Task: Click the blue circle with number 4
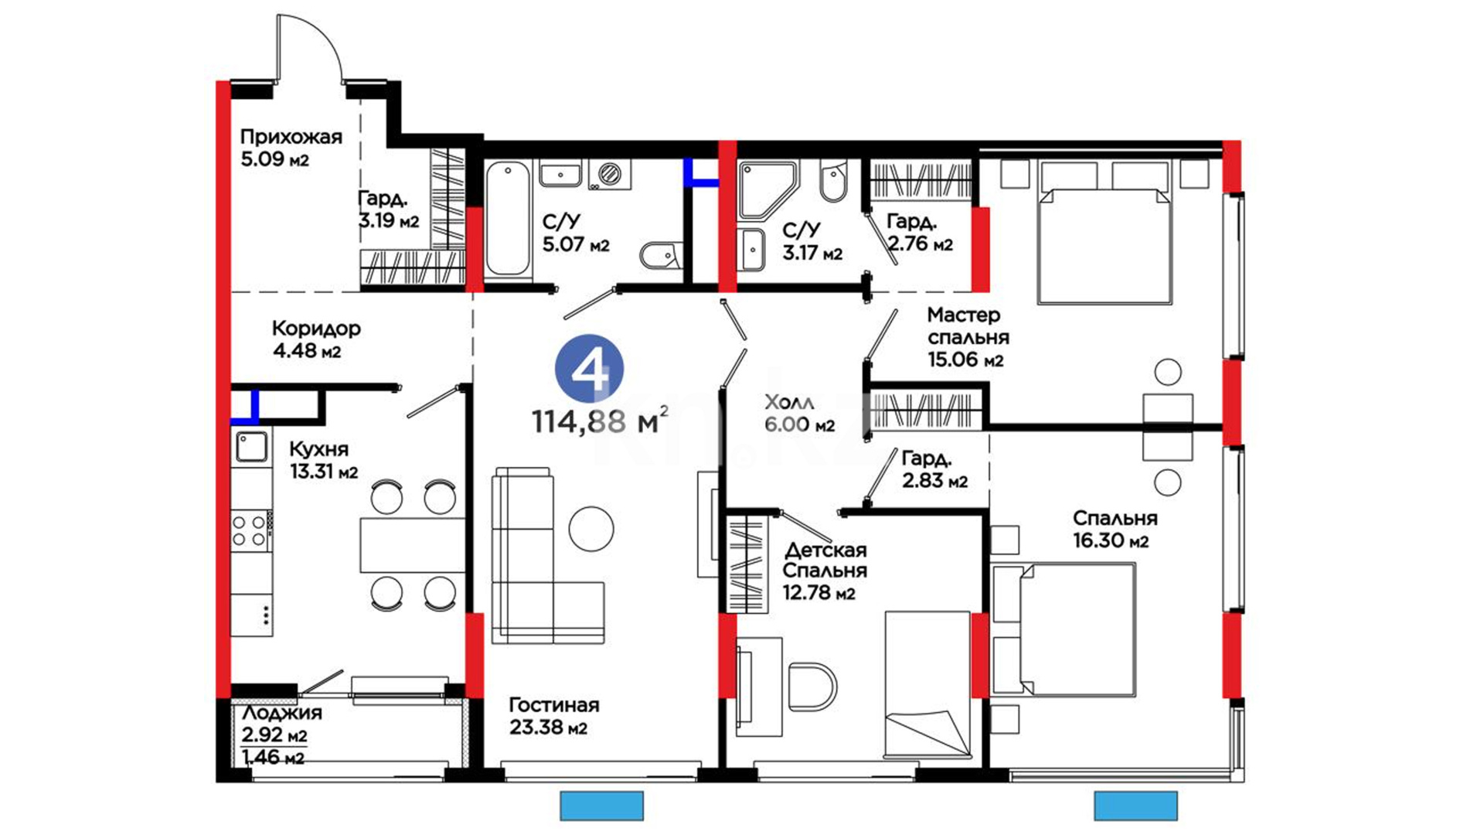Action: pos(590,369)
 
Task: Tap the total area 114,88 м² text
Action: pos(600,421)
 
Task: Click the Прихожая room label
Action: pos(291,137)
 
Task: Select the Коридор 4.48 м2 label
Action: pos(316,339)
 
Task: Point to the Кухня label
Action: pos(319,449)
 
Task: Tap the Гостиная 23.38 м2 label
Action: pos(553,716)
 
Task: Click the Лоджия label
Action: pos(282,713)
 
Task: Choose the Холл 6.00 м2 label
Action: pos(799,413)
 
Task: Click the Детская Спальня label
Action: pos(825,560)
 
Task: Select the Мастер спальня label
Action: pos(968,326)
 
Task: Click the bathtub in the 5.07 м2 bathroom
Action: pos(508,219)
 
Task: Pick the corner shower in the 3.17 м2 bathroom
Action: pos(767,189)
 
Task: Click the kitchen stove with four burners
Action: pos(250,530)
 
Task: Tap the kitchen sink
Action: pos(252,447)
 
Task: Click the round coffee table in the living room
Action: pos(591,529)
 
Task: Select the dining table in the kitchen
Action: pos(412,545)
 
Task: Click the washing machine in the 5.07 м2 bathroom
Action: pos(609,174)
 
